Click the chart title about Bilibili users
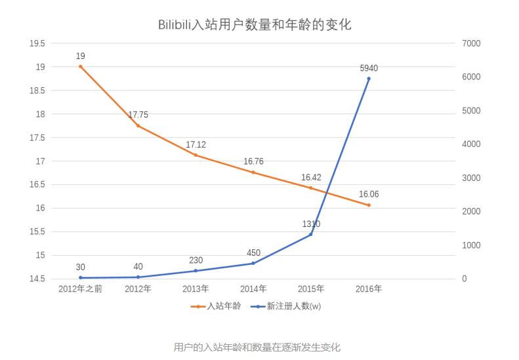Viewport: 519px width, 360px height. point(255,25)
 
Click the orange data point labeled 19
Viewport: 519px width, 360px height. point(80,66)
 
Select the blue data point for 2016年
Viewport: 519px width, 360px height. point(369,79)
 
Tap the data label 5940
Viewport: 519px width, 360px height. point(369,68)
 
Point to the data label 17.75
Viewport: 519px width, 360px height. point(138,115)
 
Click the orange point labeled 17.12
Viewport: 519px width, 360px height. point(196,155)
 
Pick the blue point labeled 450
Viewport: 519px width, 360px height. point(253,264)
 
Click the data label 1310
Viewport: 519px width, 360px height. point(311,224)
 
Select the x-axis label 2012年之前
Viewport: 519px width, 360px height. point(80,289)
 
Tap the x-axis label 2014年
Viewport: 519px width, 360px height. point(253,289)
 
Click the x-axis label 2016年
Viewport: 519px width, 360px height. point(369,289)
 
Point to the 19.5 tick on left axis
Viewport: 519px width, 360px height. point(37,43)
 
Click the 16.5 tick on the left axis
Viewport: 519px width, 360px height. point(37,185)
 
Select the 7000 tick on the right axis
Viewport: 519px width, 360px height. point(472,43)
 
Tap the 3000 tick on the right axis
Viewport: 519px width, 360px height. point(472,178)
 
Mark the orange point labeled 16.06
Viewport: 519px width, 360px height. point(369,205)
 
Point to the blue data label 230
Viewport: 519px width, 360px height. point(196,260)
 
